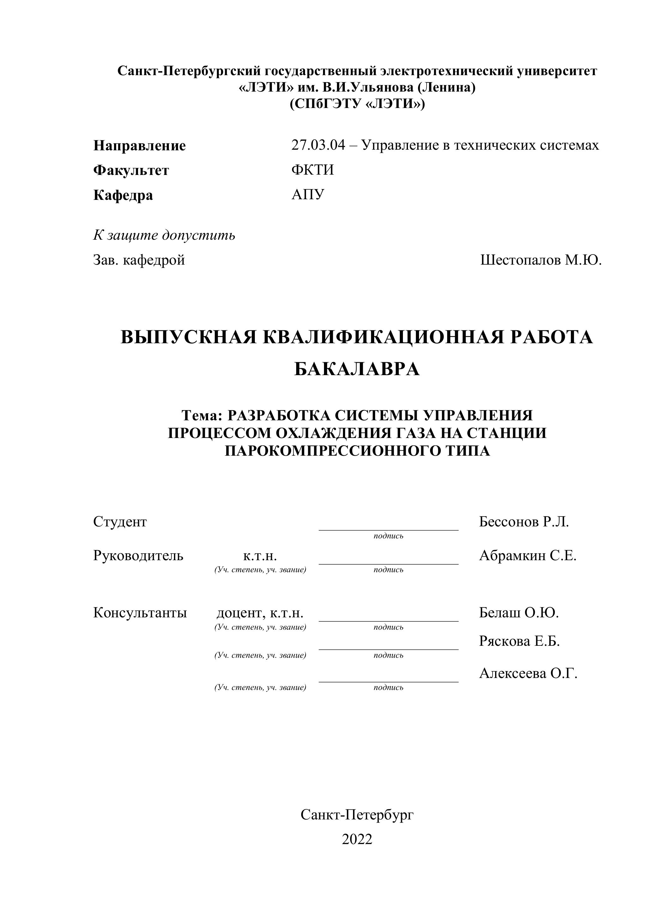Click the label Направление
pyautogui.click(x=140, y=146)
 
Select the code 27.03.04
pyautogui.click(x=318, y=145)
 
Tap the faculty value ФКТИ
pyautogui.click(x=312, y=170)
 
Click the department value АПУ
pyautogui.click(x=308, y=195)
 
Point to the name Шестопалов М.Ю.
pyautogui.click(x=541, y=260)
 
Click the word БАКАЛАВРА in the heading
pyautogui.click(x=357, y=369)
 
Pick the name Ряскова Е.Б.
pyautogui.click(x=519, y=641)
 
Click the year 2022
pyautogui.click(x=357, y=839)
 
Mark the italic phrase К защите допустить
pyautogui.click(x=164, y=235)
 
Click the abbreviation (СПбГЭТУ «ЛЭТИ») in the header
pyautogui.click(x=357, y=104)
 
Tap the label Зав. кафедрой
pyautogui.click(x=139, y=260)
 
